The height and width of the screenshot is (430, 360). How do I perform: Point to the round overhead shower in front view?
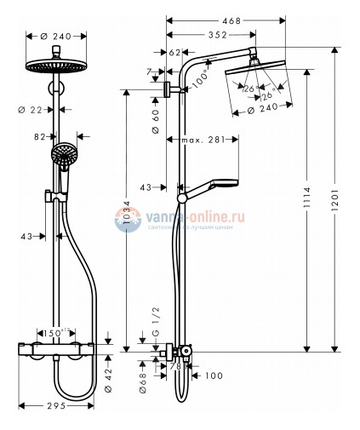point(59,68)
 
